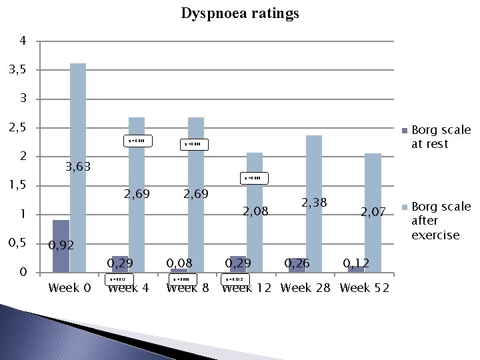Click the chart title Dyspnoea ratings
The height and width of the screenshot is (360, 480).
click(240, 13)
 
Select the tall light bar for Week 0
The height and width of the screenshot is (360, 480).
click(78, 167)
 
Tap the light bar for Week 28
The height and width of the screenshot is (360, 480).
click(314, 203)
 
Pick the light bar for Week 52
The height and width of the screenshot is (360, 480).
click(373, 212)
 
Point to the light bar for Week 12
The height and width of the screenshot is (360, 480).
click(254, 212)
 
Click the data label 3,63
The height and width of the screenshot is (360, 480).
click(77, 167)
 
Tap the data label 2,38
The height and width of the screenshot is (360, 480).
click(315, 201)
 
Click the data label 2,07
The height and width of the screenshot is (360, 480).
click(373, 213)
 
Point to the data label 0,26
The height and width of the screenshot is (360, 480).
click(298, 263)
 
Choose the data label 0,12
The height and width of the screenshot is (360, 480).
click(356, 263)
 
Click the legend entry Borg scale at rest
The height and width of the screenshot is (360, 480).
click(441, 137)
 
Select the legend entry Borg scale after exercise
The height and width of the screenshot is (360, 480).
click(441, 221)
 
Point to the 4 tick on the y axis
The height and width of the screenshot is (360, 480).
click(23, 41)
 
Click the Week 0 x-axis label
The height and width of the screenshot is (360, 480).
click(69, 288)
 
